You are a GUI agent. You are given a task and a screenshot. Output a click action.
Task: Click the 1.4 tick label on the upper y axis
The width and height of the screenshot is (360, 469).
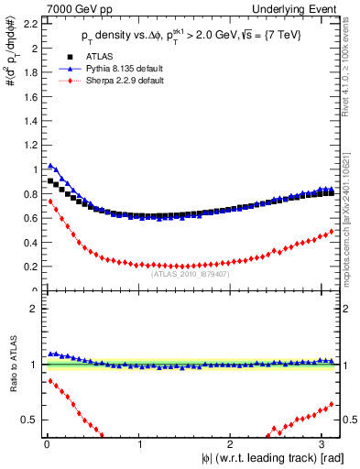tap(30, 120)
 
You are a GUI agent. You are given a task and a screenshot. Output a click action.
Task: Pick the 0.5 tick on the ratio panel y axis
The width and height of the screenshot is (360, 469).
tap(30, 420)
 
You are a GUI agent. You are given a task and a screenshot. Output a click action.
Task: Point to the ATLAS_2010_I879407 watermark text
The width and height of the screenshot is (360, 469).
tap(190, 273)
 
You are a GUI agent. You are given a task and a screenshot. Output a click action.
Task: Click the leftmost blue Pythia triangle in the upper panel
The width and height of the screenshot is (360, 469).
tap(50, 166)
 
